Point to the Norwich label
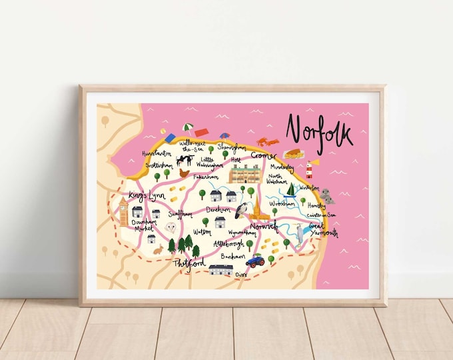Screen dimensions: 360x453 pos(246,227)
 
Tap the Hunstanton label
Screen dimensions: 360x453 pos(157,153)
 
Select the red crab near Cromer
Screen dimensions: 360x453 pos(267,141)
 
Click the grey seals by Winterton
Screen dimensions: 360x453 pos(327,196)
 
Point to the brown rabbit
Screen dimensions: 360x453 pos(158,251)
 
